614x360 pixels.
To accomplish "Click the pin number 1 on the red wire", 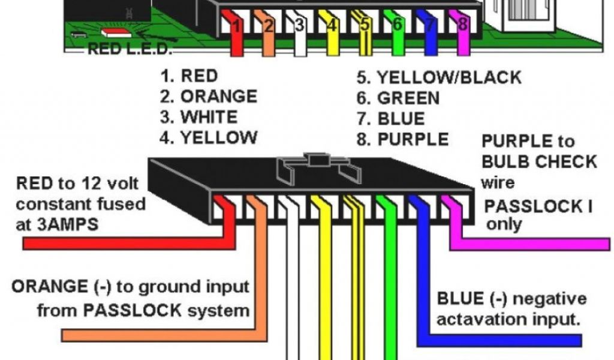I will point(237,26).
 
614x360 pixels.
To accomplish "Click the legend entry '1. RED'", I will point(189,76).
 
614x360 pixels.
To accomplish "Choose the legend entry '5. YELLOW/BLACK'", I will point(439,77).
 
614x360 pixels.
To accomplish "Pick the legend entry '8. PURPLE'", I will point(402,139).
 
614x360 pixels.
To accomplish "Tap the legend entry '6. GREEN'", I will point(398,98).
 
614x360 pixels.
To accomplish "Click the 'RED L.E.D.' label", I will point(130,49).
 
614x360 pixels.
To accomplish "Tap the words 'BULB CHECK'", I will point(539,162).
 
